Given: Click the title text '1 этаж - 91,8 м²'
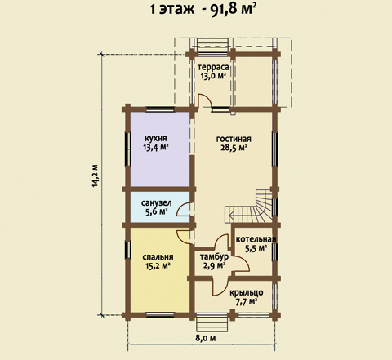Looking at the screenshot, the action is pyautogui.click(x=203, y=10).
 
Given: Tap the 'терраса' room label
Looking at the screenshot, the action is pyautogui.click(x=213, y=67).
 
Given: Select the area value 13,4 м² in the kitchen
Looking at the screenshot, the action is pyautogui.click(x=155, y=148).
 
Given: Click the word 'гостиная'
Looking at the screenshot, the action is pyautogui.click(x=234, y=139).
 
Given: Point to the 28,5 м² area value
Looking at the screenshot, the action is pyautogui.click(x=234, y=148).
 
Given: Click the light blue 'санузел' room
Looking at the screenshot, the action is pyautogui.click(x=160, y=207).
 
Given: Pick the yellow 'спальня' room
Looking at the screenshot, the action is pyautogui.click(x=160, y=270).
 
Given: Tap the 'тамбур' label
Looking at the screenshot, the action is pyautogui.click(x=214, y=256).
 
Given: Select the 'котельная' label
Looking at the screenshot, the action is pyautogui.click(x=256, y=239).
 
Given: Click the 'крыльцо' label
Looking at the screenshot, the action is pyautogui.click(x=247, y=293).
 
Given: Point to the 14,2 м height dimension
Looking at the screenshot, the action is pyautogui.click(x=95, y=176).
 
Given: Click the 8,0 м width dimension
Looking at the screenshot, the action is pyautogui.click(x=206, y=338).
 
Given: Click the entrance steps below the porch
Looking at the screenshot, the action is pyautogui.click(x=212, y=323).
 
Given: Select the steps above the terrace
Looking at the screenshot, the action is pyautogui.click(x=212, y=43).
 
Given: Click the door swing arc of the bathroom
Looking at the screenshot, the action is pyautogui.click(x=184, y=209).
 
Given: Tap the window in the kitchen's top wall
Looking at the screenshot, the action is pyautogui.click(x=160, y=109).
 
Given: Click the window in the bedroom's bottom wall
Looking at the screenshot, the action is pyautogui.click(x=160, y=315).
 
